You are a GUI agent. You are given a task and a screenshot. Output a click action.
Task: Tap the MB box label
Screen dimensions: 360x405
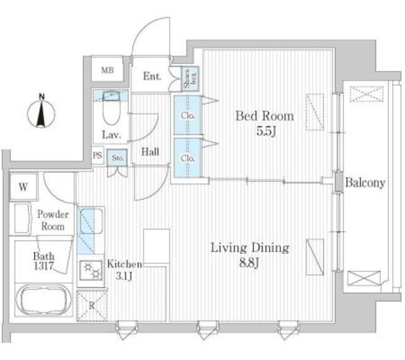pos(108,70)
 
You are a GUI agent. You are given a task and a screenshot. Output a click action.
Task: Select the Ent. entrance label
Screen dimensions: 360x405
pos(152,77)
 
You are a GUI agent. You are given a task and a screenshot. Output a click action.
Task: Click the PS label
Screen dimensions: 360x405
pos(97,155)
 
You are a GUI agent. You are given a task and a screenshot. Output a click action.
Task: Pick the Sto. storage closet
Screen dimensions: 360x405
pos(118,158)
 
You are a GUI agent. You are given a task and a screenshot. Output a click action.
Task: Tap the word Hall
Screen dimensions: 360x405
pos(150,151)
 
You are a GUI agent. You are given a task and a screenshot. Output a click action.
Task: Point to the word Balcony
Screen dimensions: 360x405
pos(365,183)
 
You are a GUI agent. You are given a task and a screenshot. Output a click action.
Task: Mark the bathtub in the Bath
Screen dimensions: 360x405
pos(41,300)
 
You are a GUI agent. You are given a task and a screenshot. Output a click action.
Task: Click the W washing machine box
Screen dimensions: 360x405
pos(23,187)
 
